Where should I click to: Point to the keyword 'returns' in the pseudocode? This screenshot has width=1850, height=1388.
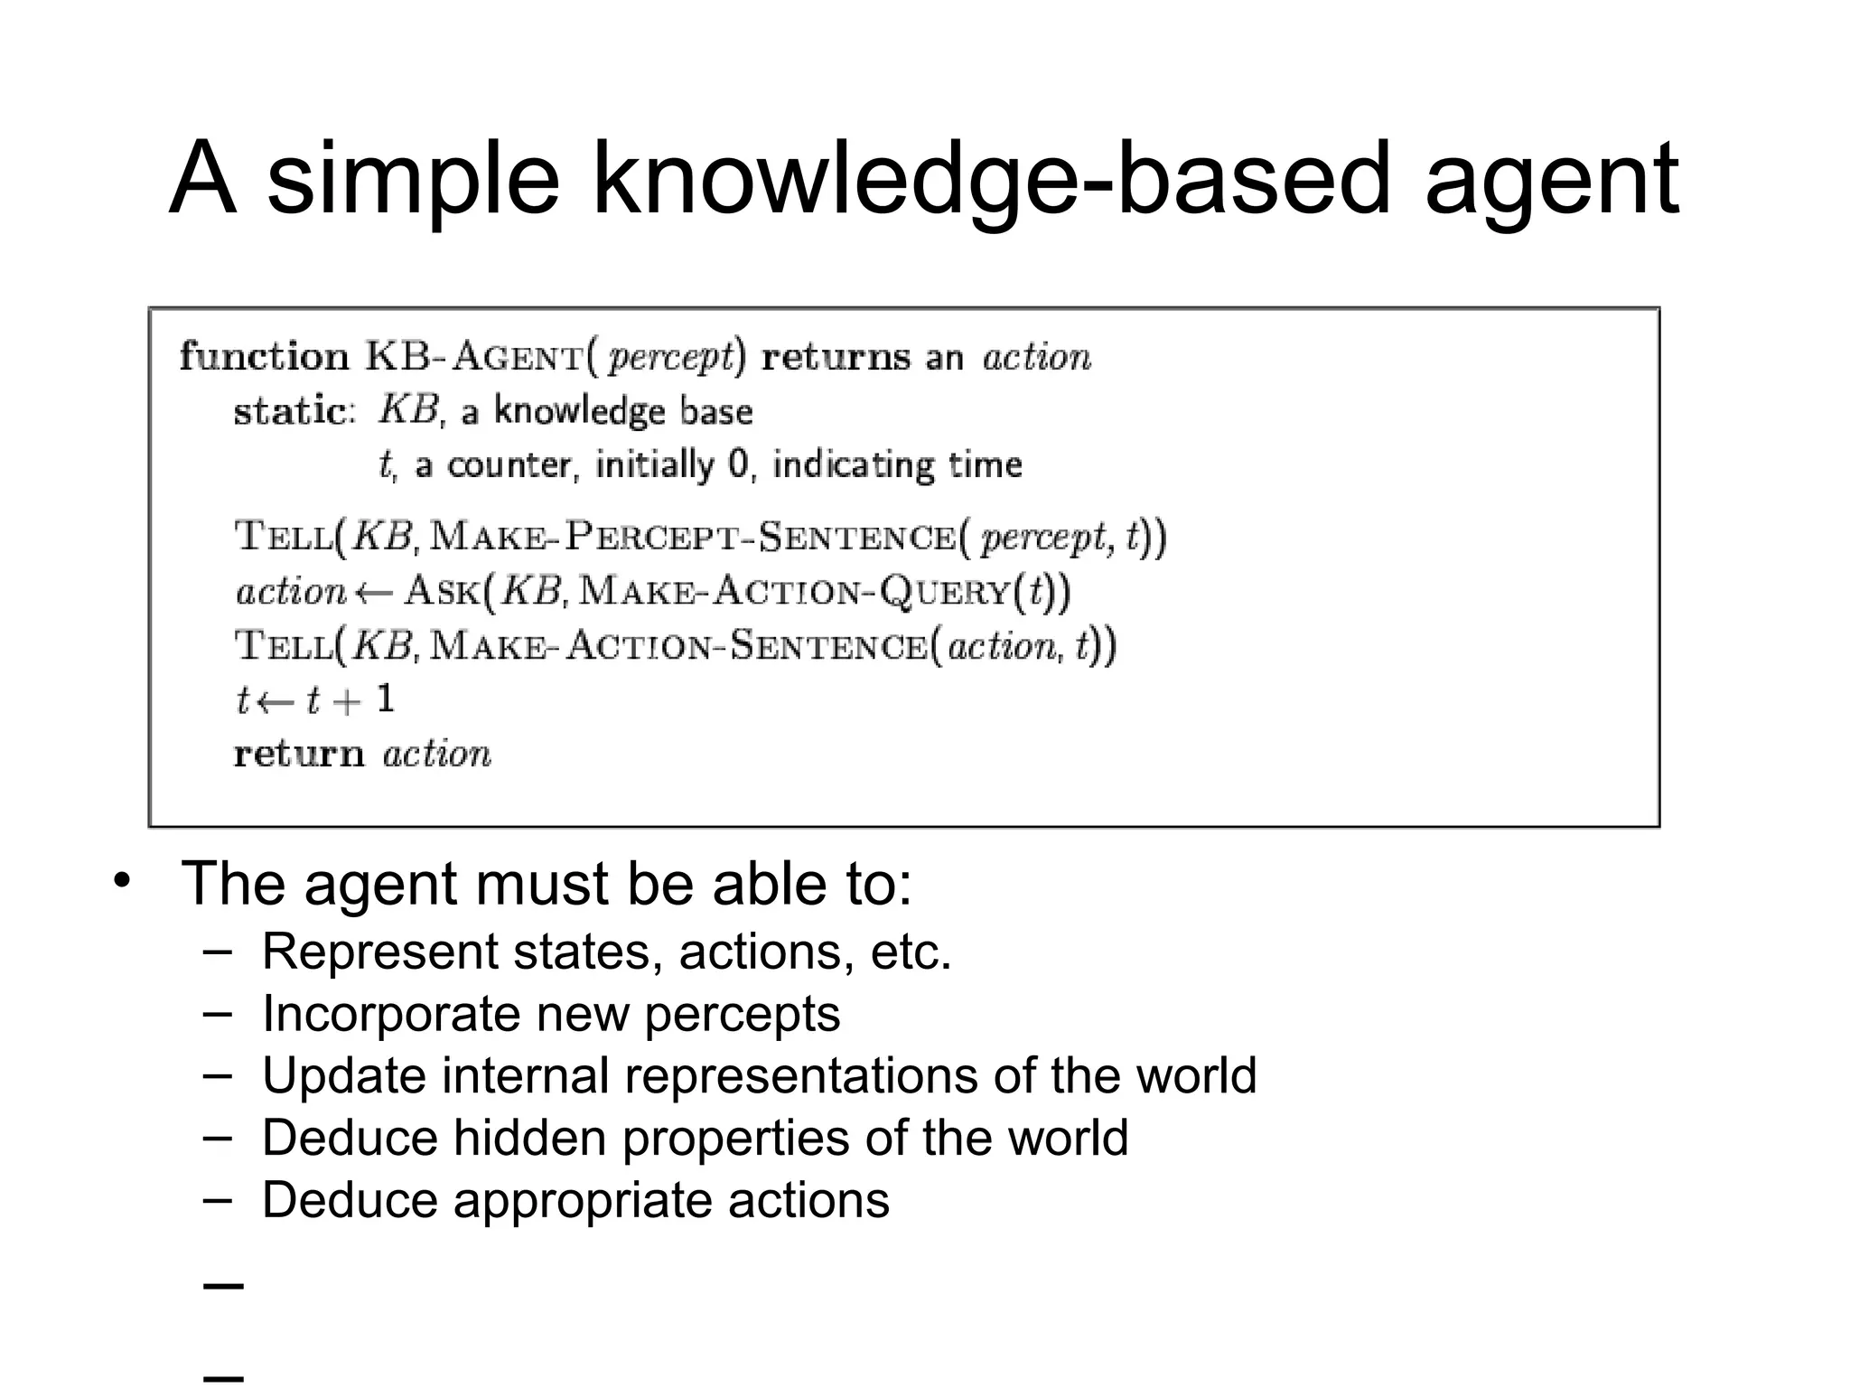[x=836, y=358]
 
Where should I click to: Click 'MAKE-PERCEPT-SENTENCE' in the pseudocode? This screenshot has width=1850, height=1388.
[x=692, y=538]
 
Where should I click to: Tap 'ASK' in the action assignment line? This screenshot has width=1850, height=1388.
[x=442, y=592]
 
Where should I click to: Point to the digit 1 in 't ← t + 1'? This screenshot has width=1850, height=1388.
[x=385, y=699]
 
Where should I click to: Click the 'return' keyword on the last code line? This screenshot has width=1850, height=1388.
[x=298, y=754]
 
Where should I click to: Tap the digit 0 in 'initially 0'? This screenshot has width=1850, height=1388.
[x=738, y=464]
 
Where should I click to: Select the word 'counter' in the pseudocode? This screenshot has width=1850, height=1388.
[x=510, y=464]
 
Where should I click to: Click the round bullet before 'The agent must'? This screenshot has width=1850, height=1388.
[x=123, y=880]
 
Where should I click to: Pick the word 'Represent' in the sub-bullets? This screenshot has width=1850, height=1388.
[x=379, y=952]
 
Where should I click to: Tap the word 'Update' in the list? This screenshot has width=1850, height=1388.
[x=344, y=1076]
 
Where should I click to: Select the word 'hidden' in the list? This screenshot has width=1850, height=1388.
[x=529, y=1138]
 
